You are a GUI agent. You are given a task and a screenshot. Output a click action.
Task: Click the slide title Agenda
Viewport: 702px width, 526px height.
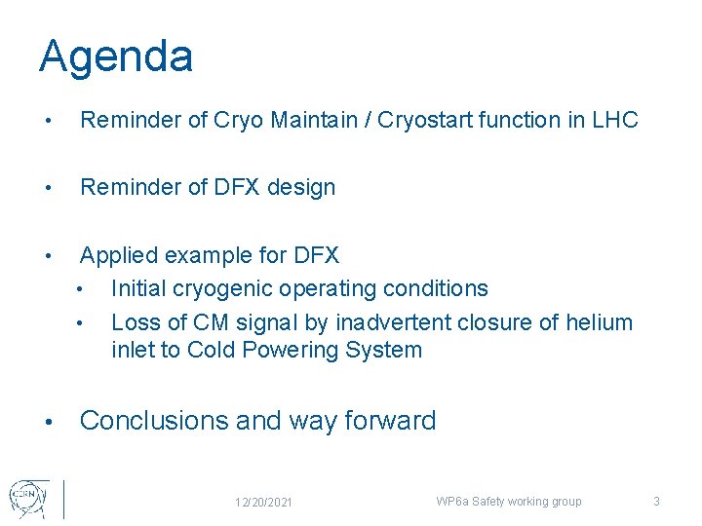pos(116,57)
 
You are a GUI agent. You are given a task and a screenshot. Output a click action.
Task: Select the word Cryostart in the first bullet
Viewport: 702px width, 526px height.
pos(422,121)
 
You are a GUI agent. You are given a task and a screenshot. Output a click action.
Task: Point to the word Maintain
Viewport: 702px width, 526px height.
pos(313,121)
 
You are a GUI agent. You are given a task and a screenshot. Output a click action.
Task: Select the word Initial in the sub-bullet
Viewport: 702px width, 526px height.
pos(141,289)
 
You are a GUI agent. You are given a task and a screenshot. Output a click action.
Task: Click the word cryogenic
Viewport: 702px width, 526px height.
pos(225,289)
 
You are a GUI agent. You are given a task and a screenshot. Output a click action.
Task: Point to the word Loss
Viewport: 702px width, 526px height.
pos(135,322)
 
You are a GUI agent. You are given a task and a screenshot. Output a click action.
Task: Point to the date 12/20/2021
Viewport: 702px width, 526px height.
pos(263,502)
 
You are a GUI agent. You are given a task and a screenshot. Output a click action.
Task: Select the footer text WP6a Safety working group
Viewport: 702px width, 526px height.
pos(508,502)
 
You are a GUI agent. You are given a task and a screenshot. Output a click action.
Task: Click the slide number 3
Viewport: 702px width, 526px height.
pos(656,502)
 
